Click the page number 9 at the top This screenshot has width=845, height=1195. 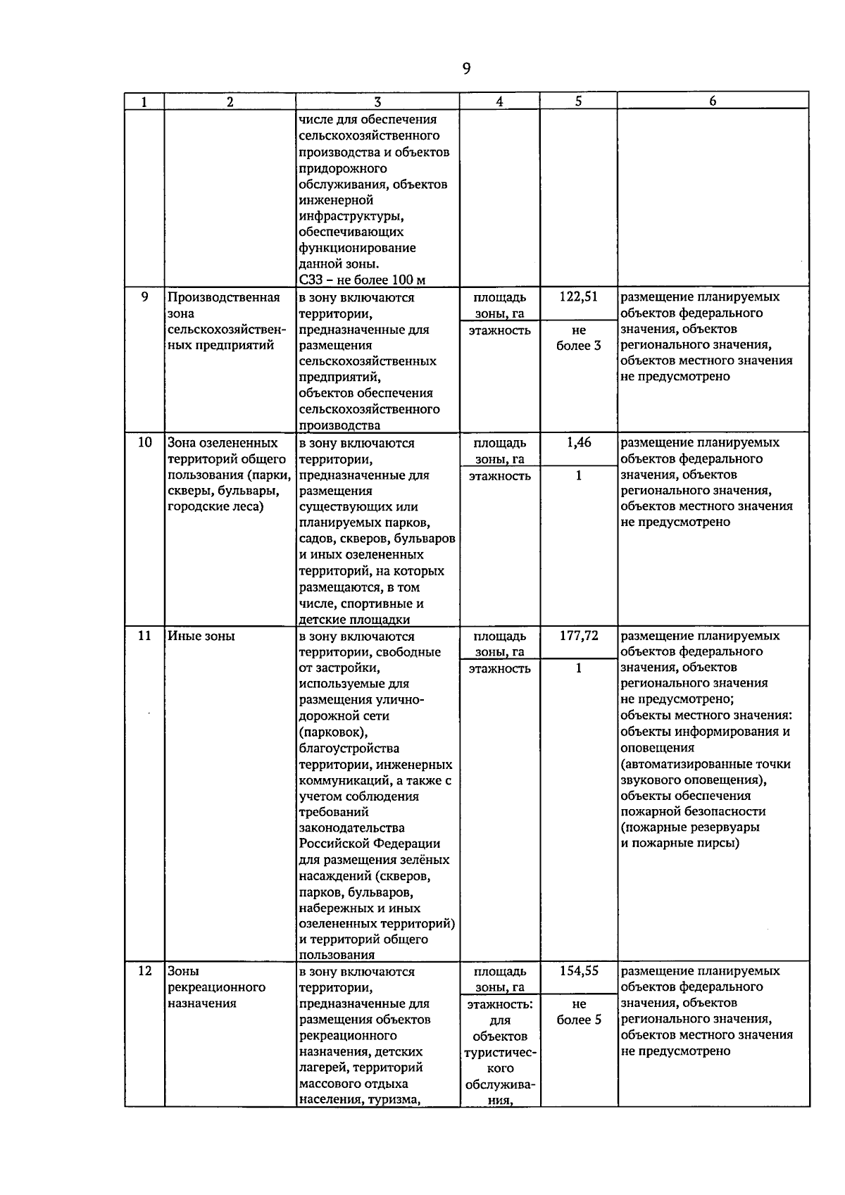[466, 68]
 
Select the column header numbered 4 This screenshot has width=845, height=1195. [499, 101]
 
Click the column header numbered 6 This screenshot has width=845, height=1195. [713, 101]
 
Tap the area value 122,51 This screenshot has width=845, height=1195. [579, 297]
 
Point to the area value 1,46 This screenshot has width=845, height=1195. [579, 443]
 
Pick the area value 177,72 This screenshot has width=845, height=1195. [579, 636]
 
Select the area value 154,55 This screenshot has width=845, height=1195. [579, 971]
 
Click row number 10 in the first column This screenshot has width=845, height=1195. [144, 443]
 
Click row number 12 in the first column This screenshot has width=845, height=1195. [144, 971]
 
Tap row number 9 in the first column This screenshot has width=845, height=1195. [144, 297]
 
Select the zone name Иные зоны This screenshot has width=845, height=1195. [201, 636]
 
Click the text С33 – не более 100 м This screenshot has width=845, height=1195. [362, 280]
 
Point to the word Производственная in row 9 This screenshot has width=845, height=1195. [223, 297]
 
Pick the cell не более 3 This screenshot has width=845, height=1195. [579, 338]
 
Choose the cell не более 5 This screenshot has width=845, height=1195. [579, 1012]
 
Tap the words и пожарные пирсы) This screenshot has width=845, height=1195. [680, 844]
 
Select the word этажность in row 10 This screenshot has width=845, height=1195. [499, 476]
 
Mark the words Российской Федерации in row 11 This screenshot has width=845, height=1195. [369, 844]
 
